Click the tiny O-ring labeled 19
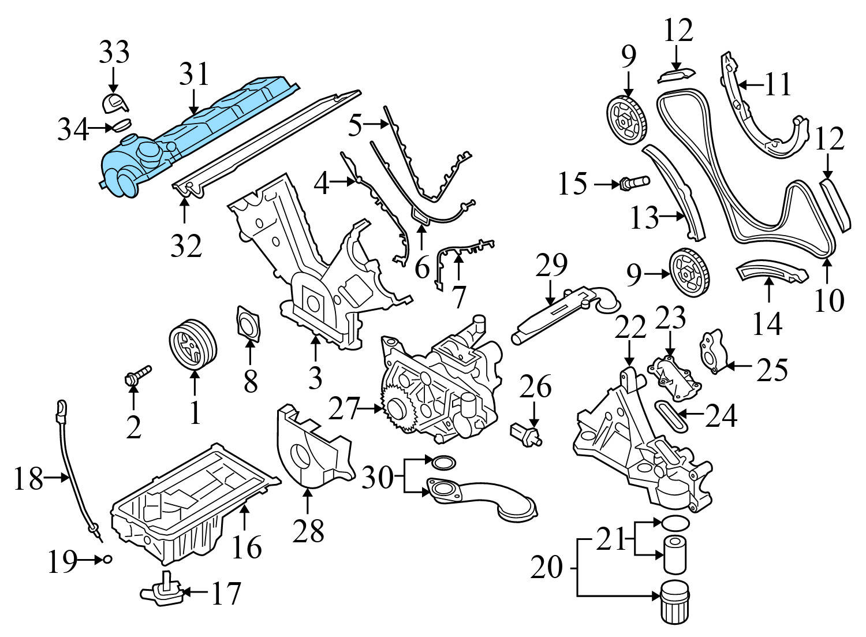coord(107,559)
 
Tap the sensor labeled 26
coord(526,434)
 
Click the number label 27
coord(344,409)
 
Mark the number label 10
coord(829,300)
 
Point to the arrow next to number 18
coord(57,478)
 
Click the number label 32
coord(186,246)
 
